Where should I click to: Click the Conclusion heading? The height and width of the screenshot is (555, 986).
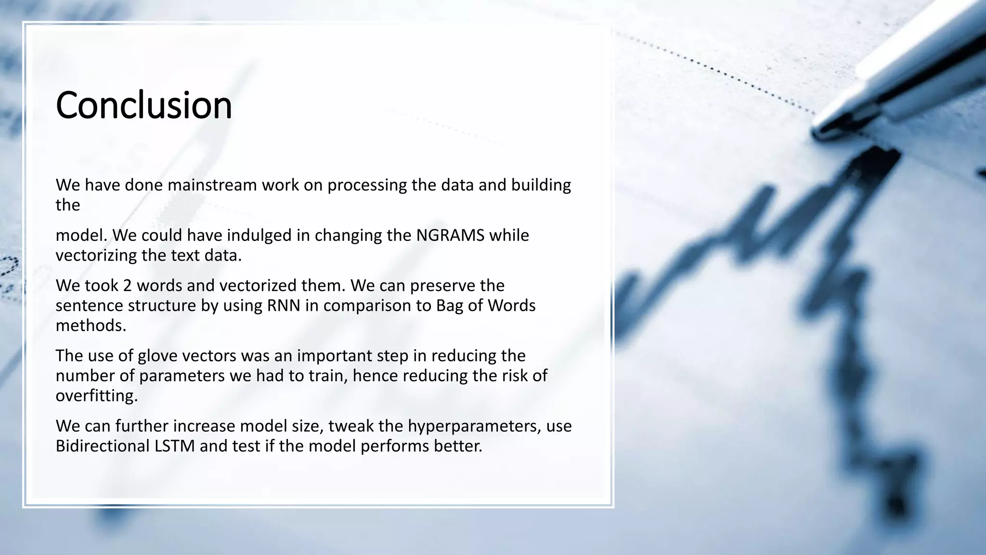pos(144,105)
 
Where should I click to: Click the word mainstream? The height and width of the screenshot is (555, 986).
pos(212,185)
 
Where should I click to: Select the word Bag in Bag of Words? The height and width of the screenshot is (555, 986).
pos(449,305)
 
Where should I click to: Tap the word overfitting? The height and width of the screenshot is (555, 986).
pos(96,396)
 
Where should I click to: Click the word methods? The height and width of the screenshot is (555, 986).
pos(91,326)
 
